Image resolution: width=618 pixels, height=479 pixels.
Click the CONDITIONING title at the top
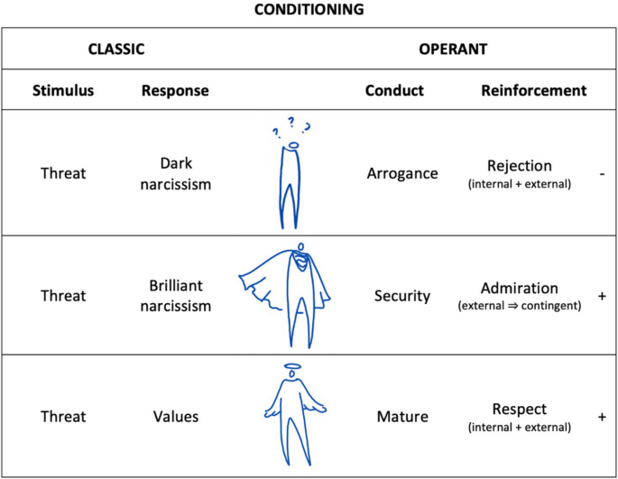coord(308,12)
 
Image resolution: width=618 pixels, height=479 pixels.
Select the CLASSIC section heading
coord(115,50)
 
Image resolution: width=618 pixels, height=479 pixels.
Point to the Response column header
coord(175,90)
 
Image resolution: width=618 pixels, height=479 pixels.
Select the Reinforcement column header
coord(533,90)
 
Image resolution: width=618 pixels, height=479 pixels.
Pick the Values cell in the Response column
coord(175,418)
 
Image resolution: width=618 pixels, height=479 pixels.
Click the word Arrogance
coord(402,172)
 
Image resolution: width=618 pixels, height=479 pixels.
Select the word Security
coord(402,296)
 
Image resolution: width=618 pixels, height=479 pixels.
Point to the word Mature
coord(402,418)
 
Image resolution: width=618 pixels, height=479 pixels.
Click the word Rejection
coord(519,165)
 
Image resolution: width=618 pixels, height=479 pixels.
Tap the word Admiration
coord(519,289)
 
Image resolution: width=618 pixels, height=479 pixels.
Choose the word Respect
coord(519,408)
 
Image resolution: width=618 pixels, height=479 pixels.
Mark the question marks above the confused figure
coord(291,126)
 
